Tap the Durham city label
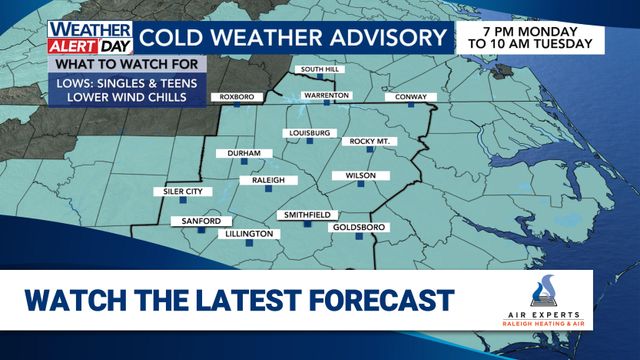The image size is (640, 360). tap(244, 153)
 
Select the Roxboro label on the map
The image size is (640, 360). tap(228, 97)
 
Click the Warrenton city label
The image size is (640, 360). tap(326, 96)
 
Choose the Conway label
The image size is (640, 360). tap(410, 97)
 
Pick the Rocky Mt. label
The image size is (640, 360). tap(369, 142)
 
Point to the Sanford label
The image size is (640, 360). tap(188, 220)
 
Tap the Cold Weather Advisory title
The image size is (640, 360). tap(291, 39)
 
